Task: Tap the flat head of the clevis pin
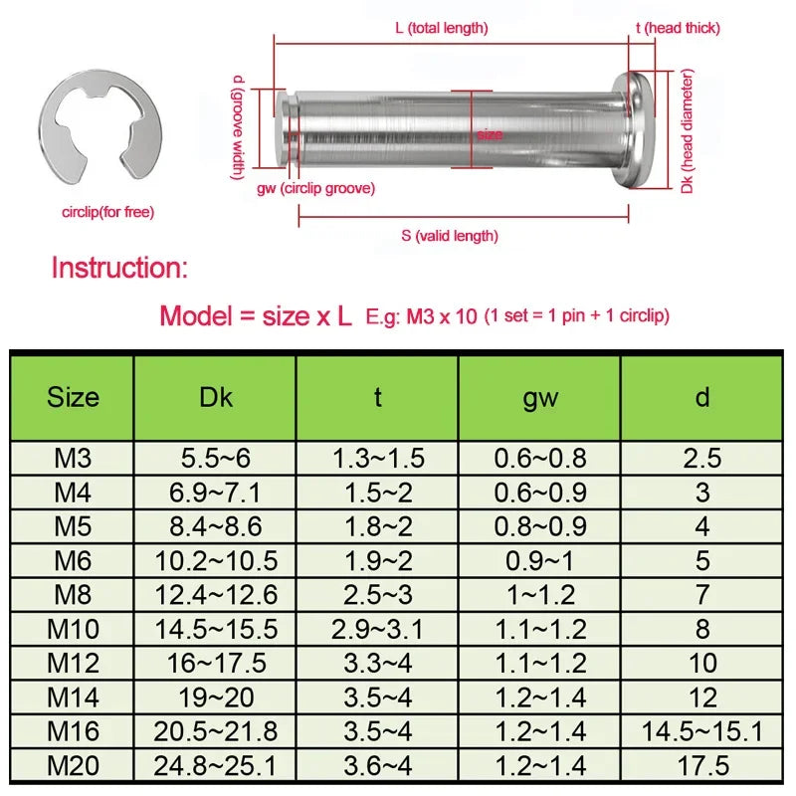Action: tap(636, 129)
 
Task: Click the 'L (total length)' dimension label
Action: tap(441, 29)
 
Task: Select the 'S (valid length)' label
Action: tap(450, 236)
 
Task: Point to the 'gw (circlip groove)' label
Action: tap(315, 188)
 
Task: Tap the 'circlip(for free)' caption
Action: tap(108, 212)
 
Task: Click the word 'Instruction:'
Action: tap(118, 268)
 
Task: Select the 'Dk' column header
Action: tap(215, 398)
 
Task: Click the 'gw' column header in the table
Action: tap(539, 398)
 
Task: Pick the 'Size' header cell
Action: tap(73, 398)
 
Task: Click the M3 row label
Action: tap(73, 459)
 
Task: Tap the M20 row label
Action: tap(73, 765)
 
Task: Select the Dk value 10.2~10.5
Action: tap(215, 561)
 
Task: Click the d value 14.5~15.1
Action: tap(702, 731)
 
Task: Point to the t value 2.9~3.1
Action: tap(377, 629)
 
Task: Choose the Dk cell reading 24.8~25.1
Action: tap(215, 765)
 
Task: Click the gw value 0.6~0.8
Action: tap(539, 459)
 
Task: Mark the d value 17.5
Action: tap(702, 765)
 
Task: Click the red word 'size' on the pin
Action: tap(489, 134)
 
